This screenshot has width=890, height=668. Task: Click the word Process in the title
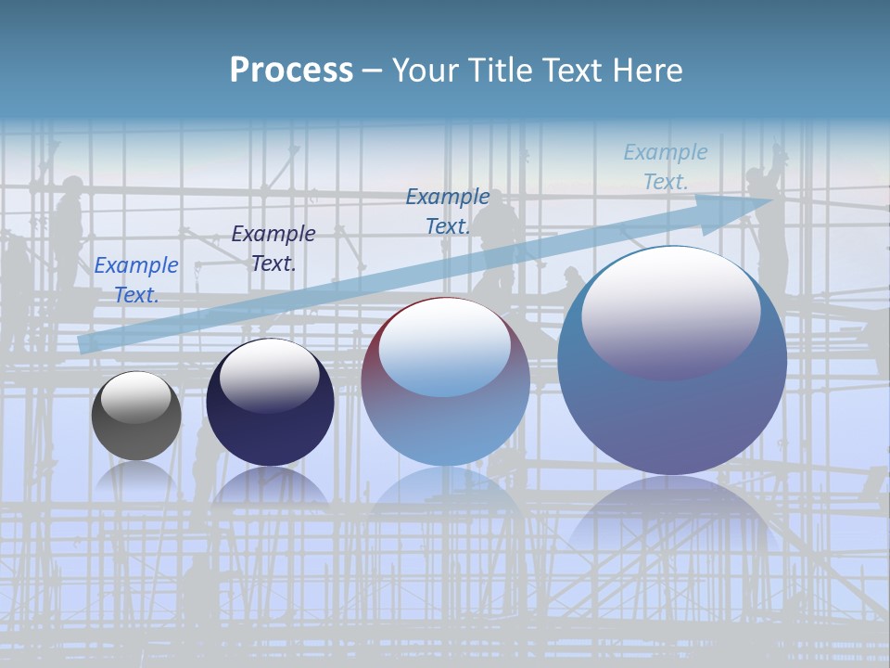[291, 71]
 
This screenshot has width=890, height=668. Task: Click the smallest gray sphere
[136, 427]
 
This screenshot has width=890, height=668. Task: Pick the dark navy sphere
[270, 417]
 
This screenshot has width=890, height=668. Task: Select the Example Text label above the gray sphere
[136, 279]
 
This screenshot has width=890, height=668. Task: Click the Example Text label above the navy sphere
[273, 248]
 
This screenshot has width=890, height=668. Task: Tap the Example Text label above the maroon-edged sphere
[447, 211]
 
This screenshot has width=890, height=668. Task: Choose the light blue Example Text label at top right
[665, 167]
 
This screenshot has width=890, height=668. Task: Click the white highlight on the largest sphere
[670, 311]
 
